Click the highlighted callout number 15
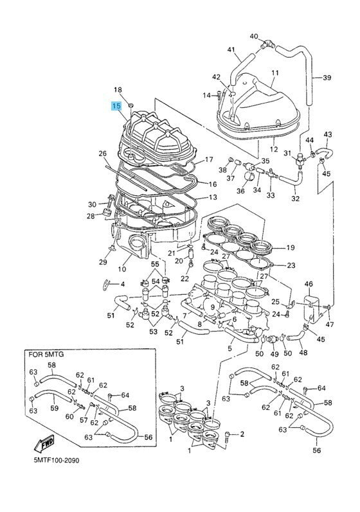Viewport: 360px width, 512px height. (x=116, y=106)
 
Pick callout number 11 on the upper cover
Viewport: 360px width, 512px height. (x=275, y=73)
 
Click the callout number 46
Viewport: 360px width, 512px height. (x=309, y=284)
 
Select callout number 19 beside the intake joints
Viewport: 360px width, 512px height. (x=290, y=247)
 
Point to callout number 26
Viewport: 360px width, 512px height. (x=102, y=154)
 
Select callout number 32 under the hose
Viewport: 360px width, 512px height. (x=295, y=199)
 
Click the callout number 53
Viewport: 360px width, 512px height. (x=153, y=332)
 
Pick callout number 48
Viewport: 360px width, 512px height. (x=303, y=353)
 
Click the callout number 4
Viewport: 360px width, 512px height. (x=122, y=283)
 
